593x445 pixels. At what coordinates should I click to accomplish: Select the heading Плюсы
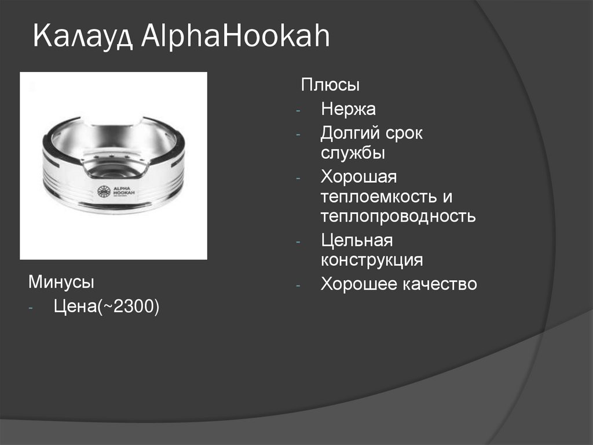pyautogui.click(x=330, y=85)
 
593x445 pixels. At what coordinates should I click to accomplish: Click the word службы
pyautogui.click(x=353, y=154)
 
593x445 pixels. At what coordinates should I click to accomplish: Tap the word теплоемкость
pyautogui.click(x=380, y=197)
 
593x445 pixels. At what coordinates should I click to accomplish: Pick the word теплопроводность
pyautogui.click(x=398, y=217)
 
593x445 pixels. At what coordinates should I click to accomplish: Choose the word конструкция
pyautogui.click(x=372, y=259)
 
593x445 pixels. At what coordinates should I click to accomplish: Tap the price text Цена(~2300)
pyautogui.click(x=106, y=307)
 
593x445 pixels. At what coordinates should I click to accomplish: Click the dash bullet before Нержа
pyautogui.click(x=298, y=110)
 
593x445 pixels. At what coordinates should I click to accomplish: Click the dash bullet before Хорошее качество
pyautogui.click(x=298, y=285)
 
